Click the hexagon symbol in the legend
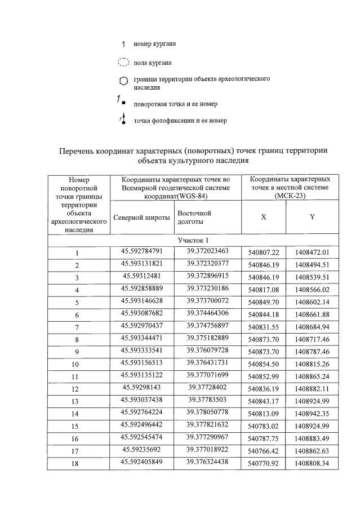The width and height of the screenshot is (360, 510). point(123,82)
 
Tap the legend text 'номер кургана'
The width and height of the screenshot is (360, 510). point(154,43)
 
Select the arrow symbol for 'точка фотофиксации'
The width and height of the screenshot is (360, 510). point(122,119)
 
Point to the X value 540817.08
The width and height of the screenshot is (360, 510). point(264,290)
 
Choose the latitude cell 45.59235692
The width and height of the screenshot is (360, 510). point(141,450)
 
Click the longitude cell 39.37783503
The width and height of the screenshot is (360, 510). point(207,400)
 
